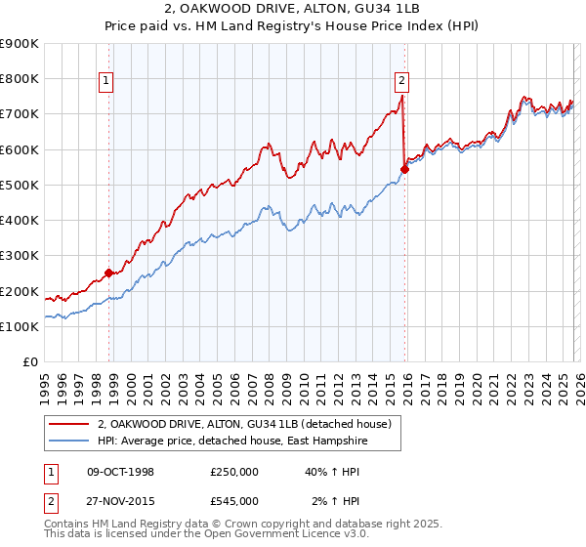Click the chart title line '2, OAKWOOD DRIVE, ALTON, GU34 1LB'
(x=292, y=9)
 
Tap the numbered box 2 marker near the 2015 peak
(x=402, y=82)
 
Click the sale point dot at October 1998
(x=108, y=273)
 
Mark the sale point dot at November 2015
(x=404, y=169)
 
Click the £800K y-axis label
(x=20, y=78)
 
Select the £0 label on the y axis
(x=29, y=362)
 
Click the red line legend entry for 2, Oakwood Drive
(x=244, y=424)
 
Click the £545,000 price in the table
(x=234, y=500)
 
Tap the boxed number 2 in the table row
(x=49, y=500)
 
